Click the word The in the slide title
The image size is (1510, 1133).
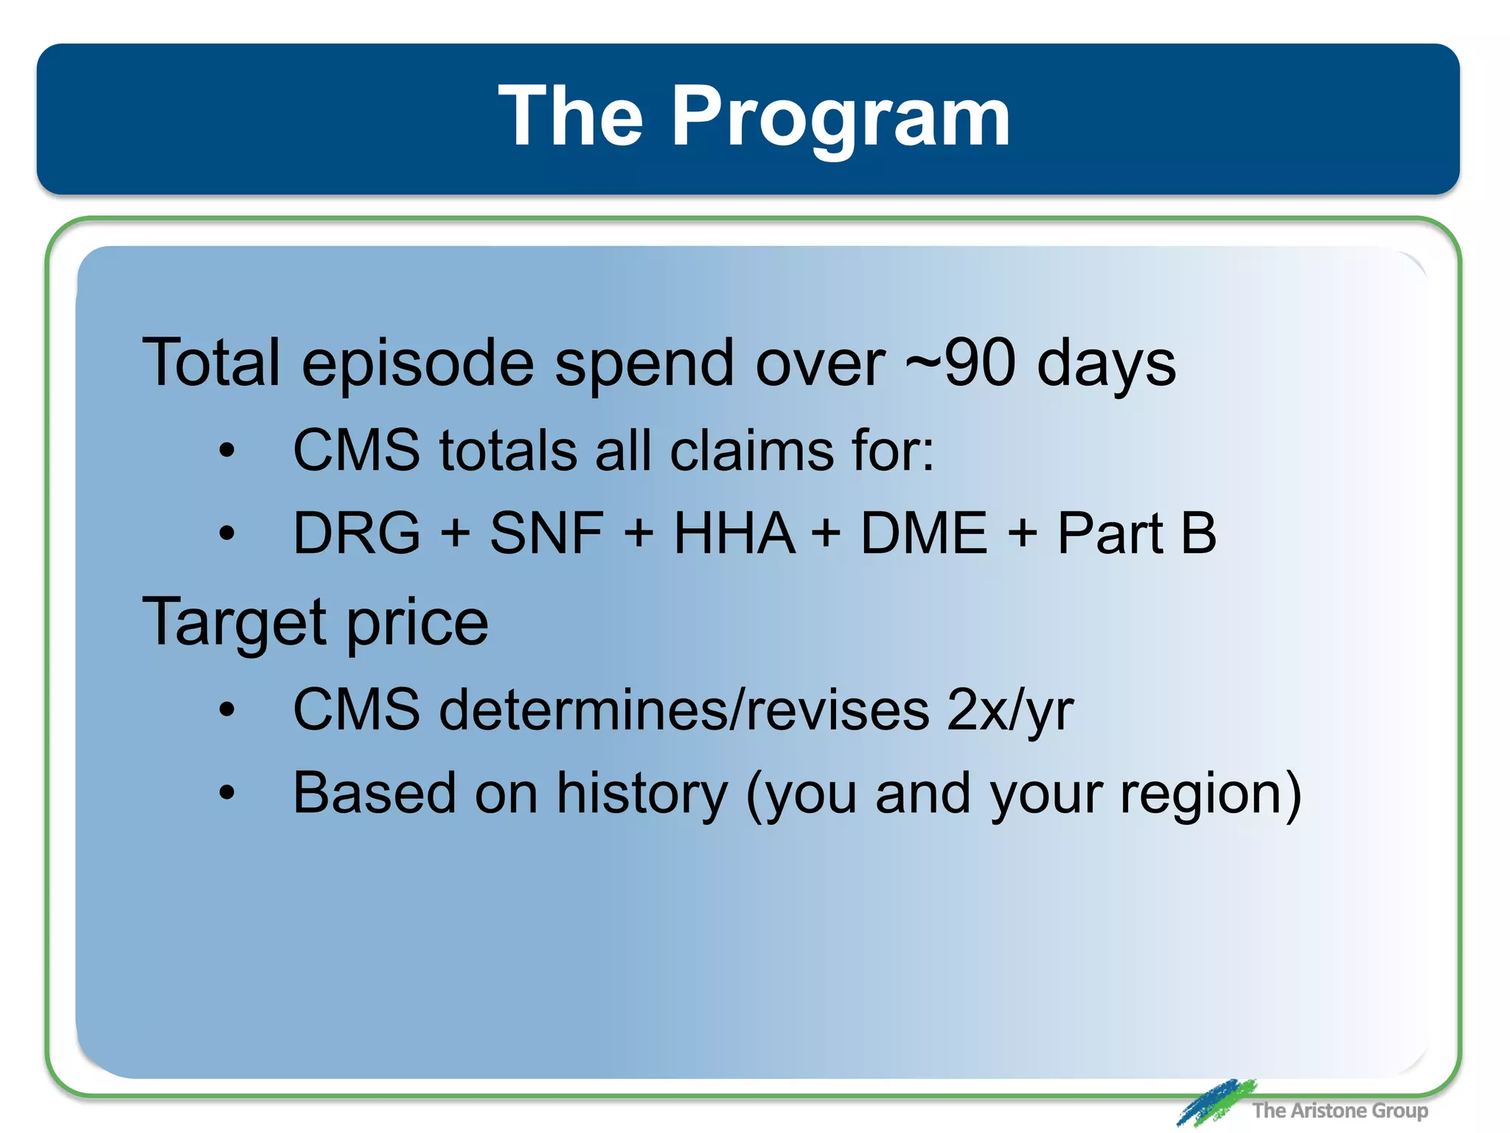pyautogui.click(x=570, y=117)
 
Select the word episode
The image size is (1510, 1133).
pyautogui.click(x=417, y=364)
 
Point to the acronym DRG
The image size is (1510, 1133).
pyautogui.click(x=357, y=533)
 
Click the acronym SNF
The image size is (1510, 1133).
pyautogui.click(x=546, y=533)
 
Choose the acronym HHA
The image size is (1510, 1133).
pyautogui.click(x=734, y=533)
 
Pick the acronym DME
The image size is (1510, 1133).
pyautogui.click(x=924, y=533)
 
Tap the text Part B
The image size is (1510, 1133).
pyautogui.click(x=1136, y=533)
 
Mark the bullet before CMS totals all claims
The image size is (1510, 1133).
pyautogui.click(x=226, y=451)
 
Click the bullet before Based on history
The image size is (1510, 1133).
pyautogui.click(x=226, y=794)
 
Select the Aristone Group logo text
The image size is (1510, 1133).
pyautogui.click(x=1340, y=1110)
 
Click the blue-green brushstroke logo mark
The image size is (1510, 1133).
pyautogui.click(x=1215, y=1102)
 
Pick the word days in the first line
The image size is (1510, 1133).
pyautogui.click(x=1106, y=364)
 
